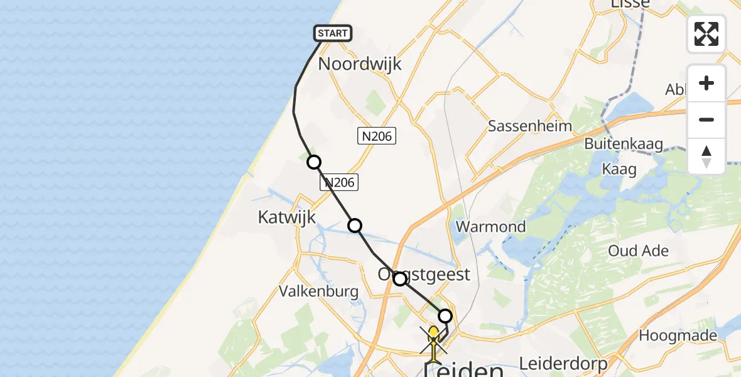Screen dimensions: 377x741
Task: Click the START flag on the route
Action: coord(333,33)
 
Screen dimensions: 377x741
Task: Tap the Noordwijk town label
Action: coord(360,64)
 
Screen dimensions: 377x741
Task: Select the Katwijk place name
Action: coord(286,217)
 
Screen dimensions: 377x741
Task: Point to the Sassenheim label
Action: coord(531,126)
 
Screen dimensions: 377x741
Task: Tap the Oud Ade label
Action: coord(638,251)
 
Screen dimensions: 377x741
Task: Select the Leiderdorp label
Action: coord(564,363)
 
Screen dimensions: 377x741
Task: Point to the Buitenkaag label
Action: coord(624,144)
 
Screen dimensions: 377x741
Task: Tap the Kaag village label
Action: coord(619,168)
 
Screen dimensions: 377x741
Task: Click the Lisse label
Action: coord(629,5)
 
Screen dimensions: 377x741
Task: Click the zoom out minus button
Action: coord(706,120)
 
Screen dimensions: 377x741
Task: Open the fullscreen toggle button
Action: coord(706,34)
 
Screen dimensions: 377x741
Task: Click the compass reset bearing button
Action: coord(706,156)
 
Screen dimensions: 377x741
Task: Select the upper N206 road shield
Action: coord(377,136)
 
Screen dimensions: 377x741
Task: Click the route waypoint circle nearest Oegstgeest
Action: coord(400,278)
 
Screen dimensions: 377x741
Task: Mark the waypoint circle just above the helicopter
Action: coord(445,316)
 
